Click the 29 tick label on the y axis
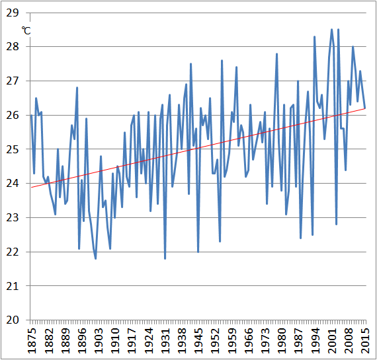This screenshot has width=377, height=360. [15, 13]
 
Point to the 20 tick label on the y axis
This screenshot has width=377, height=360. [15, 320]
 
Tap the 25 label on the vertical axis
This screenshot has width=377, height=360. [15, 149]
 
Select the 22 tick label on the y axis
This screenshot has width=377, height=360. [15, 252]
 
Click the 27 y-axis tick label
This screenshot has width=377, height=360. [15, 81]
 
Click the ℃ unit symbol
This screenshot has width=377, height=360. [26, 30]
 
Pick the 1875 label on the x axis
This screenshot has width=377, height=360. [31, 340]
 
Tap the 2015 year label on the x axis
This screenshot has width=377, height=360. [365, 340]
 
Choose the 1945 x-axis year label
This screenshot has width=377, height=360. [198, 340]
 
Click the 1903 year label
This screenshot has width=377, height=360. [98, 340]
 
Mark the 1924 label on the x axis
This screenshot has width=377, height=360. [148, 340]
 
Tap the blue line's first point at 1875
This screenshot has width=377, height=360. [31, 115]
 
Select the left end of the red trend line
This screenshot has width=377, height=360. [31, 187]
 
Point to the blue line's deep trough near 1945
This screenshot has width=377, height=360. [198, 252]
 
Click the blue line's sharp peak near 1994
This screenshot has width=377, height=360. [315, 36]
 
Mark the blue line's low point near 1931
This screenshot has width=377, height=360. [165, 258]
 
